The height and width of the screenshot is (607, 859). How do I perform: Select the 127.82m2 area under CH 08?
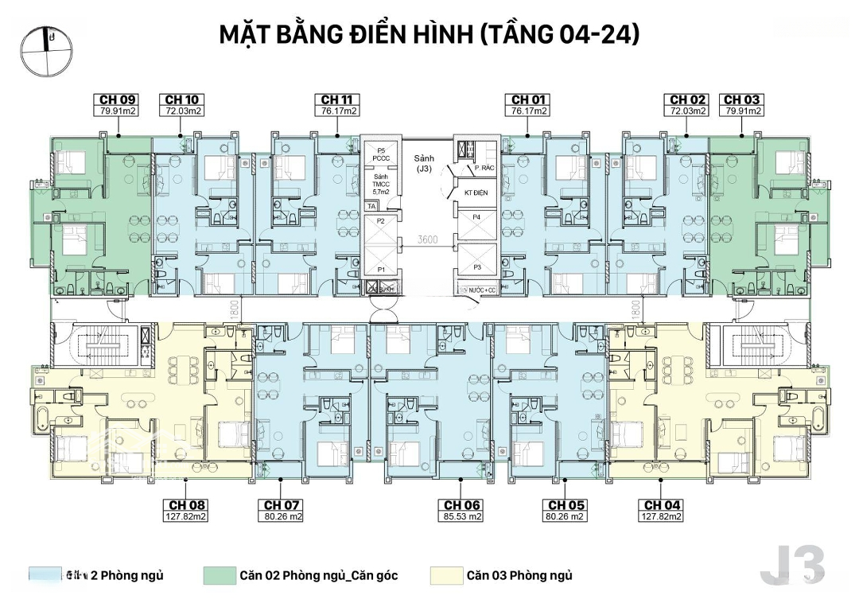(x=188, y=516)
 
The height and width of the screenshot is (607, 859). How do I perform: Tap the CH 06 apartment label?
(x=463, y=505)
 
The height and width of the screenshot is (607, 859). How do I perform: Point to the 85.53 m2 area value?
(x=463, y=516)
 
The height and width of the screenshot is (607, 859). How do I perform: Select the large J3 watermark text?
(x=792, y=566)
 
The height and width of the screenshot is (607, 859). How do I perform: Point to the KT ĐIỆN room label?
(x=475, y=193)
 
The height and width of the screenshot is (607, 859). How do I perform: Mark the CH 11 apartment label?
(x=336, y=99)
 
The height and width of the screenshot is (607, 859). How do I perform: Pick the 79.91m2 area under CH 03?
(x=741, y=111)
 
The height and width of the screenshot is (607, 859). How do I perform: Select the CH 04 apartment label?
(x=663, y=505)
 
